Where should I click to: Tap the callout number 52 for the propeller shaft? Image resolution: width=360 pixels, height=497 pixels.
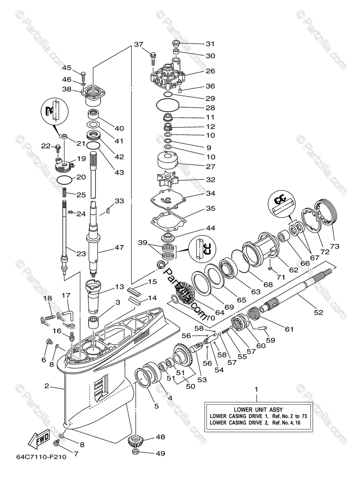(x=318, y=312)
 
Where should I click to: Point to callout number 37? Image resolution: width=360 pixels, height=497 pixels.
(x=138, y=44)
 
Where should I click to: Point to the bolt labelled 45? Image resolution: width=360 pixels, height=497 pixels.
(x=83, y=76)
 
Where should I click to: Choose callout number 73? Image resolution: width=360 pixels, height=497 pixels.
(x=335, y=246)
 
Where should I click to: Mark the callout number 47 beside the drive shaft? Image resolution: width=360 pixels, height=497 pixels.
(x=119, y=247)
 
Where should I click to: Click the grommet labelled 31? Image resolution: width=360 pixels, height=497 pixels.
(x=176, y=43)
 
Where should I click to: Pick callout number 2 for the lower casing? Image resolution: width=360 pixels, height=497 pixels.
(x=47, y=386)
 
